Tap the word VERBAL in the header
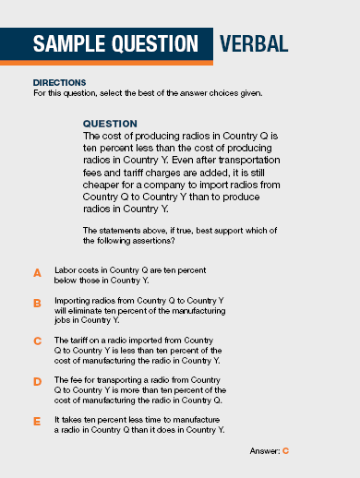[254, 43]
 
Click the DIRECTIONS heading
[59, 82]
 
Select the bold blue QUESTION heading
[110, 123]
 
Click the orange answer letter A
[38, 273]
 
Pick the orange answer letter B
[38, 303]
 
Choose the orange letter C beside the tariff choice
[38, 341]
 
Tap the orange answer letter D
[38, 380]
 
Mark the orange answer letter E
[38, 420]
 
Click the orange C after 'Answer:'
[286, 450]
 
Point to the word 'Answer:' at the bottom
[265, 450]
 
